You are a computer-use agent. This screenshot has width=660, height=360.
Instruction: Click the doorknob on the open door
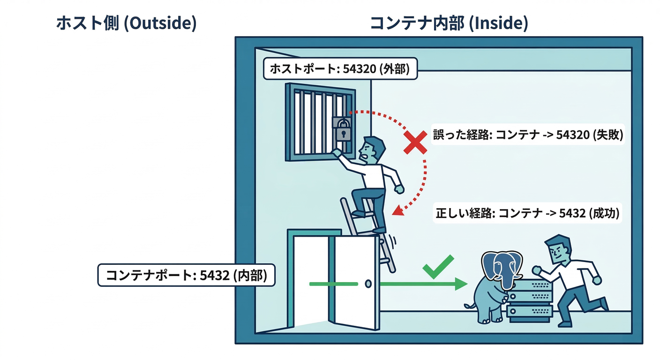[368, 284]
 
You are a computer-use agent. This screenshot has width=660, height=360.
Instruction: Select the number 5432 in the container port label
[214, 275]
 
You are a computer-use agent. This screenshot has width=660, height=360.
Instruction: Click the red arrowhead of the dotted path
[398, 210]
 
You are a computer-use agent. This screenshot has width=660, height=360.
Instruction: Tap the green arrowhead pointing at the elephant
[462, 284]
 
